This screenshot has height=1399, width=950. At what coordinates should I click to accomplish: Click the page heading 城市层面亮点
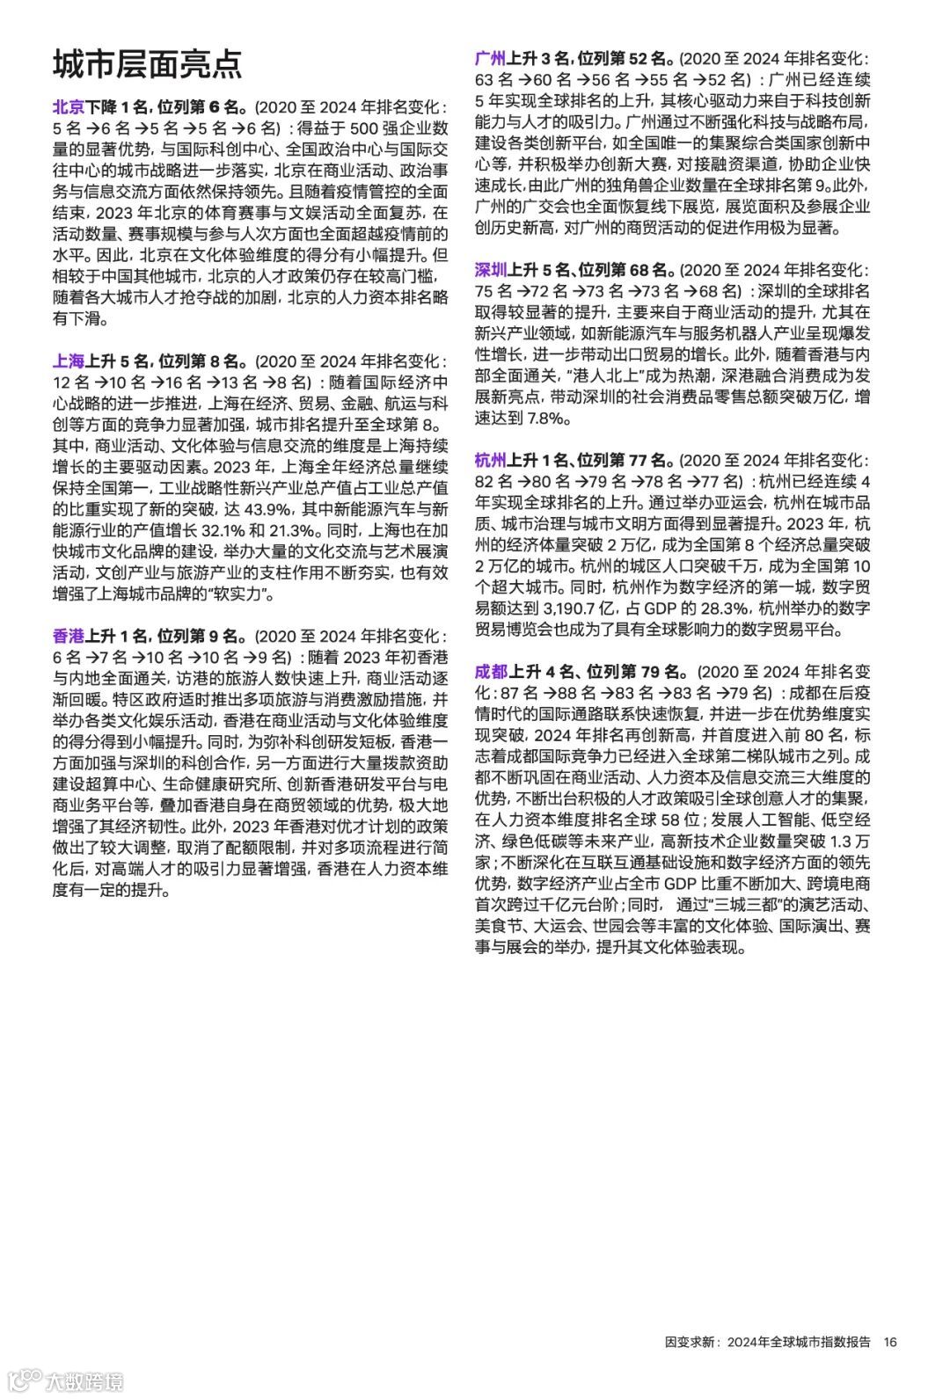click(148, 64)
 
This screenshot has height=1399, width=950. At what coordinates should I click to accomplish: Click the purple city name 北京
click(69, 107)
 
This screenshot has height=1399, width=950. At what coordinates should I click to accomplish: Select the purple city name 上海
click(69, 361)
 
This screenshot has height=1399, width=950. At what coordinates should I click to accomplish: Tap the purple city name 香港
click(69, 637)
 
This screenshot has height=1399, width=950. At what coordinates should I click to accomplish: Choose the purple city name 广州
click(491, 59)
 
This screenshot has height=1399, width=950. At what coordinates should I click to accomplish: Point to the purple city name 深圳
click(491, 270)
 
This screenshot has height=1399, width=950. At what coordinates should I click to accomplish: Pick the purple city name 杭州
click(491, 461)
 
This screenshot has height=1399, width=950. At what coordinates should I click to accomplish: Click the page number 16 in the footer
click(890, 1342)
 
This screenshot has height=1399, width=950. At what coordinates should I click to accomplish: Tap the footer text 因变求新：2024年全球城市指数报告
click(768, 1342)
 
